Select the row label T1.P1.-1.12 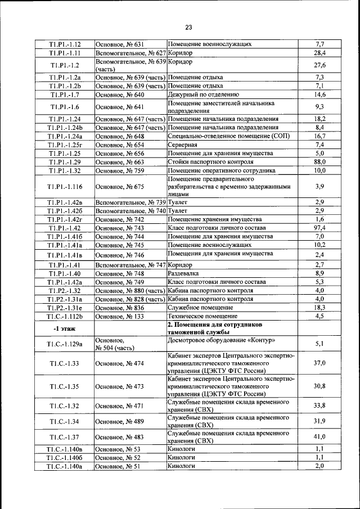pyautogui.click(x=65, y=44)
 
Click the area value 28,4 pyautogui.click(x=319, y=53)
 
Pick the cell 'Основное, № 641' pyautogui.click(x=120, y=107)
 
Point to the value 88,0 pyautogui.click(x=319, y=161)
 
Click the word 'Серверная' pyautogui.click(x=182, y=145)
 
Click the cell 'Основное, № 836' pyautogui.click(x=120, y=308)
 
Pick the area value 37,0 pyautogui.click(x=319, y=363)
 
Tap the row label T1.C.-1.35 pyautogui.click(x=65, y=386)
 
